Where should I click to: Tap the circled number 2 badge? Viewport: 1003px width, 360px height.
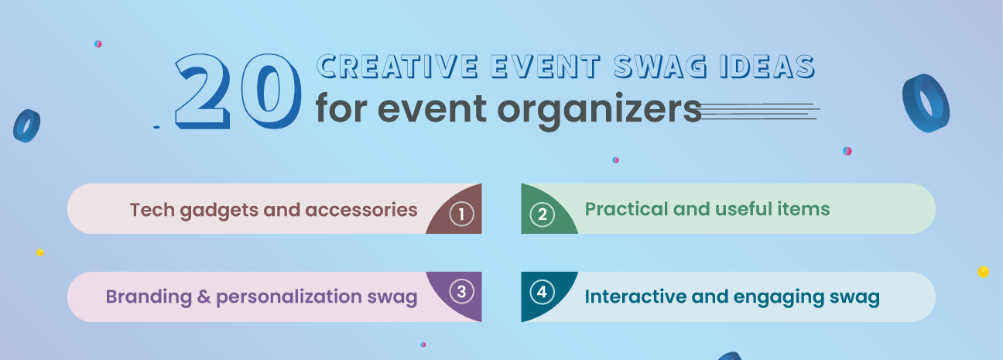[x=542, y=214]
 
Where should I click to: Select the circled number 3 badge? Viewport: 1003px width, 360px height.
[x=461, y=291]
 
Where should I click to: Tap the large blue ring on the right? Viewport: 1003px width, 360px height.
[x=926, y=103]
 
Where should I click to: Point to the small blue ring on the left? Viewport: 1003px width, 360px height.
[x=26, y=125]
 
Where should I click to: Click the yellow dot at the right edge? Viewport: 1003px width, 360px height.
[x=984, y=272]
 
